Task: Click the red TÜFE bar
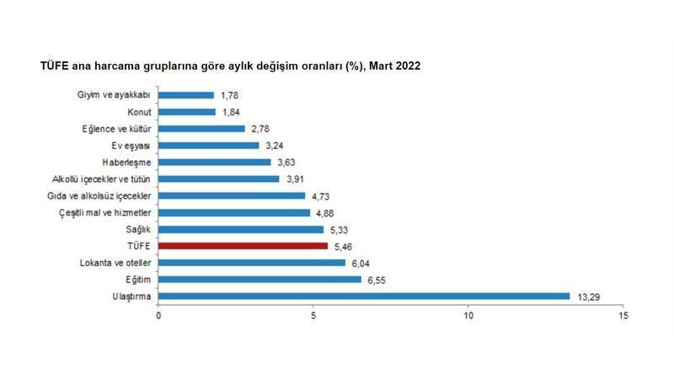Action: coord(243,246)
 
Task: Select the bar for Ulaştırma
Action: coord(364,296)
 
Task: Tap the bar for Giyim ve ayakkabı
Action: coord(185,95)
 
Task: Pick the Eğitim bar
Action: coord(259,279)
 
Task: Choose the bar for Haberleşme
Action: coord(214,162)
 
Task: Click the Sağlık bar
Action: coord(241,229)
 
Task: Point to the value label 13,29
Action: coord(588,296)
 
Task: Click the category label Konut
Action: coord(138,112)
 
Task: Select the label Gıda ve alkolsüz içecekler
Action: coord(100,195)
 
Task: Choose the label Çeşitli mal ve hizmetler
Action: coord(104,212)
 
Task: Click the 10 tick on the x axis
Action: coord(468,315)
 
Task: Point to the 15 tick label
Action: coord(623,315)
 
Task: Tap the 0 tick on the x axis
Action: coord(158,315)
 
